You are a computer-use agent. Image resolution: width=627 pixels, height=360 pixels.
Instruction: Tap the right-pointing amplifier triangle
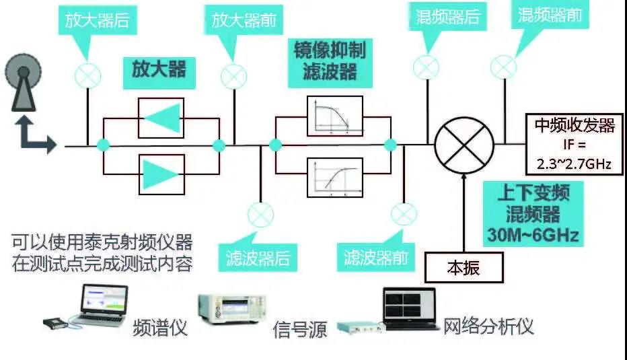[161, 173]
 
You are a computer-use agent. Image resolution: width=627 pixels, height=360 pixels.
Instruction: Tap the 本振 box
[464, 268]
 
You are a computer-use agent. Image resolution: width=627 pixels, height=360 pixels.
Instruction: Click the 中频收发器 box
[574, 144]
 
